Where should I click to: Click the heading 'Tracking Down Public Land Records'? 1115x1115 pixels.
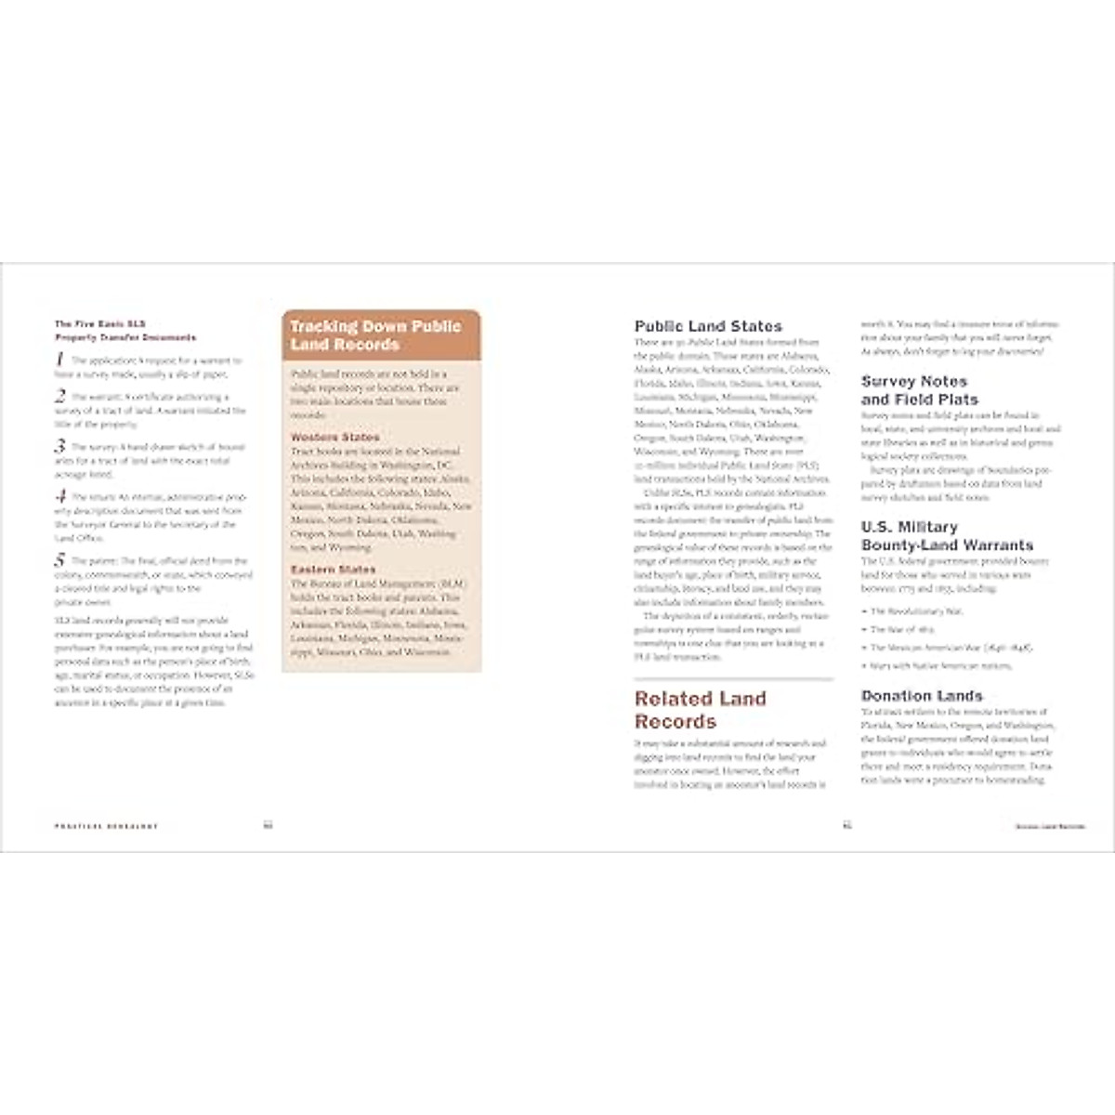[x=375, y=335]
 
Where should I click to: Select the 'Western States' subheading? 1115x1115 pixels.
[x=334, y=437]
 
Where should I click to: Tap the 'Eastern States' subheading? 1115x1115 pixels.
[x=333, y=569]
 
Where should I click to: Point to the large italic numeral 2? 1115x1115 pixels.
[x=59, y=397]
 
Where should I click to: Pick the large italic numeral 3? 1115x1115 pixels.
[x=59, y=447]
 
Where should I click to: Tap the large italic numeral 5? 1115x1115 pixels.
[x=59, y=560]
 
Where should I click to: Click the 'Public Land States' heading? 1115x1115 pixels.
[x=708, y=326]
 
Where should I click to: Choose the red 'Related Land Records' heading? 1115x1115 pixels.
[x=701, y=710]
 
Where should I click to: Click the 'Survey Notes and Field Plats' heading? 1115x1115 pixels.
[x=919, y=390]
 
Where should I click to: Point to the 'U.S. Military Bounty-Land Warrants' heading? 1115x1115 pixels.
[x=946, y=536]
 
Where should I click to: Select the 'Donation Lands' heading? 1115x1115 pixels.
[x=921, y=695]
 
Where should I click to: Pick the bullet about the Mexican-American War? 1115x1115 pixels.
[x=938, y=648]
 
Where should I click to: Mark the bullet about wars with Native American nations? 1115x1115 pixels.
[x=927, y=666]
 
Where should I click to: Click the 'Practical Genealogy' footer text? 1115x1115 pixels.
[x=106, y=825]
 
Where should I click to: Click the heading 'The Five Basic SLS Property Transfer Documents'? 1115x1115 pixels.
[x=125, y=331]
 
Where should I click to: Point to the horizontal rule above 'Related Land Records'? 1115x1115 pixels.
[x=734, y=679]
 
